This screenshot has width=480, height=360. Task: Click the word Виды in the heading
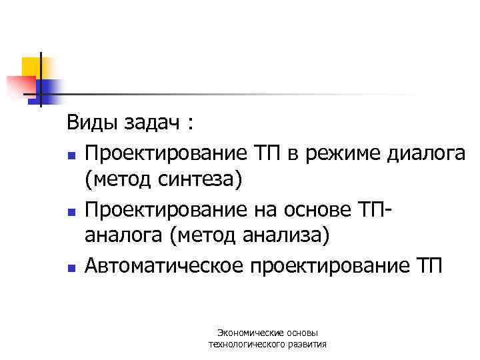click(87, 124)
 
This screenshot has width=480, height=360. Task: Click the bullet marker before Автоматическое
click(70, 269)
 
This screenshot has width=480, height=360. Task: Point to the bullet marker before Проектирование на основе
click(70, 212)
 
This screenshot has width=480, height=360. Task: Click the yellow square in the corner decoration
click(31, 66)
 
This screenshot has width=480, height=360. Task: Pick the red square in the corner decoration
click(20, 85)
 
